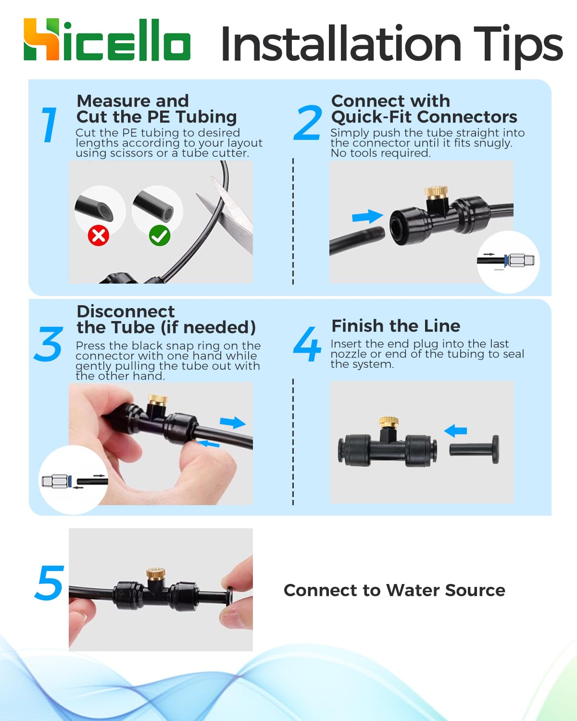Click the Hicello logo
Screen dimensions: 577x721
107,39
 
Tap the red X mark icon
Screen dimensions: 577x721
98,236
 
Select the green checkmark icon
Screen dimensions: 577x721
160,236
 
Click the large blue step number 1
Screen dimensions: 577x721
49,124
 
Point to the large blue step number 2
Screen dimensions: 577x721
308,122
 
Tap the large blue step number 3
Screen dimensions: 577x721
49,344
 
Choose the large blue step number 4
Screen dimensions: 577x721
307,344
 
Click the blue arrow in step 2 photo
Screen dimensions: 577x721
367,216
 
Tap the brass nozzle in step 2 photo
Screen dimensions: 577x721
436,193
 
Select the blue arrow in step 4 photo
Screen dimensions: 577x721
455,431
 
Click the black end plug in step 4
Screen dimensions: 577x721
474,449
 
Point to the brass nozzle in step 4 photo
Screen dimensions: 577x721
389,422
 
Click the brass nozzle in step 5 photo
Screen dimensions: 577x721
156,574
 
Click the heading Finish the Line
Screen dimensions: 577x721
396,326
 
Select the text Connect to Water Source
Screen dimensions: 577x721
394,590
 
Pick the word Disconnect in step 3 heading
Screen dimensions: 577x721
125,311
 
